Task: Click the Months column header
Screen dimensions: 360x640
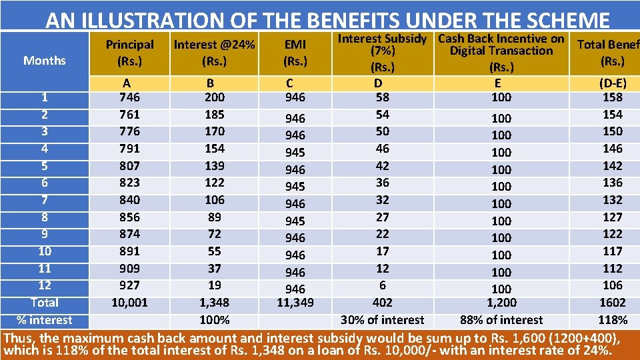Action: click(45, 61)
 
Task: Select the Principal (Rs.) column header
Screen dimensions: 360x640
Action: click(129, 53)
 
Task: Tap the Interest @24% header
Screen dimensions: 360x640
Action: click(215, 53)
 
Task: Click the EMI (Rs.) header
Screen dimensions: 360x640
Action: click(295, 53)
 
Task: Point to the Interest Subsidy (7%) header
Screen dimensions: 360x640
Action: click(382, 53)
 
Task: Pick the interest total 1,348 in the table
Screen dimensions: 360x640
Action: click(215, 303)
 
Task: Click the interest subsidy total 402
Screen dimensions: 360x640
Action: click(382, 303)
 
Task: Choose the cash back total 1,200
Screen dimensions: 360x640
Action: click(501, 303)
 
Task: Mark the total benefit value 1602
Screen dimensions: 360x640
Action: click(611, 303)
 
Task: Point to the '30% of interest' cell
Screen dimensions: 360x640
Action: click(382, 320)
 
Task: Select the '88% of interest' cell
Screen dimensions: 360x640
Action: click(501, 320)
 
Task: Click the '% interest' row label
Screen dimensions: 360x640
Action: click(45, 320)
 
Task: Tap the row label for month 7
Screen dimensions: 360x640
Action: click(45, 200)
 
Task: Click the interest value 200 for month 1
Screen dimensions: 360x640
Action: click(215, 97)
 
